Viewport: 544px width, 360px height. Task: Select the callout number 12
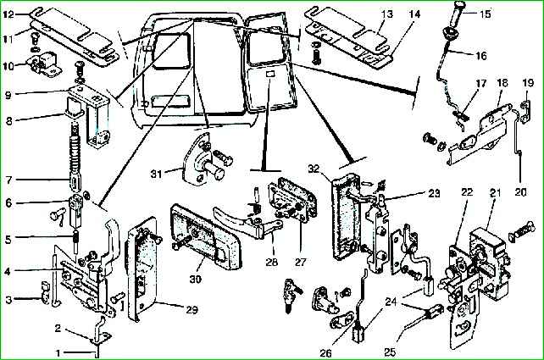click(9, 14)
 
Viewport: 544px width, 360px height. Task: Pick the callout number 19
click(528, 83)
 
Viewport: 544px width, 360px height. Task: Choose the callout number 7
click(9, 180)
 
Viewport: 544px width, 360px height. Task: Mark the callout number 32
click(314, 168)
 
